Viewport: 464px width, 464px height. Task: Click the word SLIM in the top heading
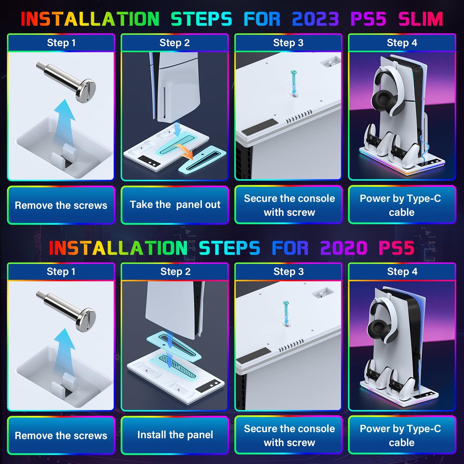(421, 19)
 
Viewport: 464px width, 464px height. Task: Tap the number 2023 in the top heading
(316, 19)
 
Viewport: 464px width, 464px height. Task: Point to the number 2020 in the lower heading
(344, 248)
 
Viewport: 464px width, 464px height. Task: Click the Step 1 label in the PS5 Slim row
(61, 43)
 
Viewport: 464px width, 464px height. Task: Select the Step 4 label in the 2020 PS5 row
(402, 272)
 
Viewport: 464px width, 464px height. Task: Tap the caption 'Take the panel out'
(175, 205)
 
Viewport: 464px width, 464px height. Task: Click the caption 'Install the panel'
(175, 435)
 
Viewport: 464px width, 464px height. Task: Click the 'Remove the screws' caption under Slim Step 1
(61, 205)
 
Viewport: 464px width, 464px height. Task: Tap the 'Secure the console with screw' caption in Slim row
(289, 205)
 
